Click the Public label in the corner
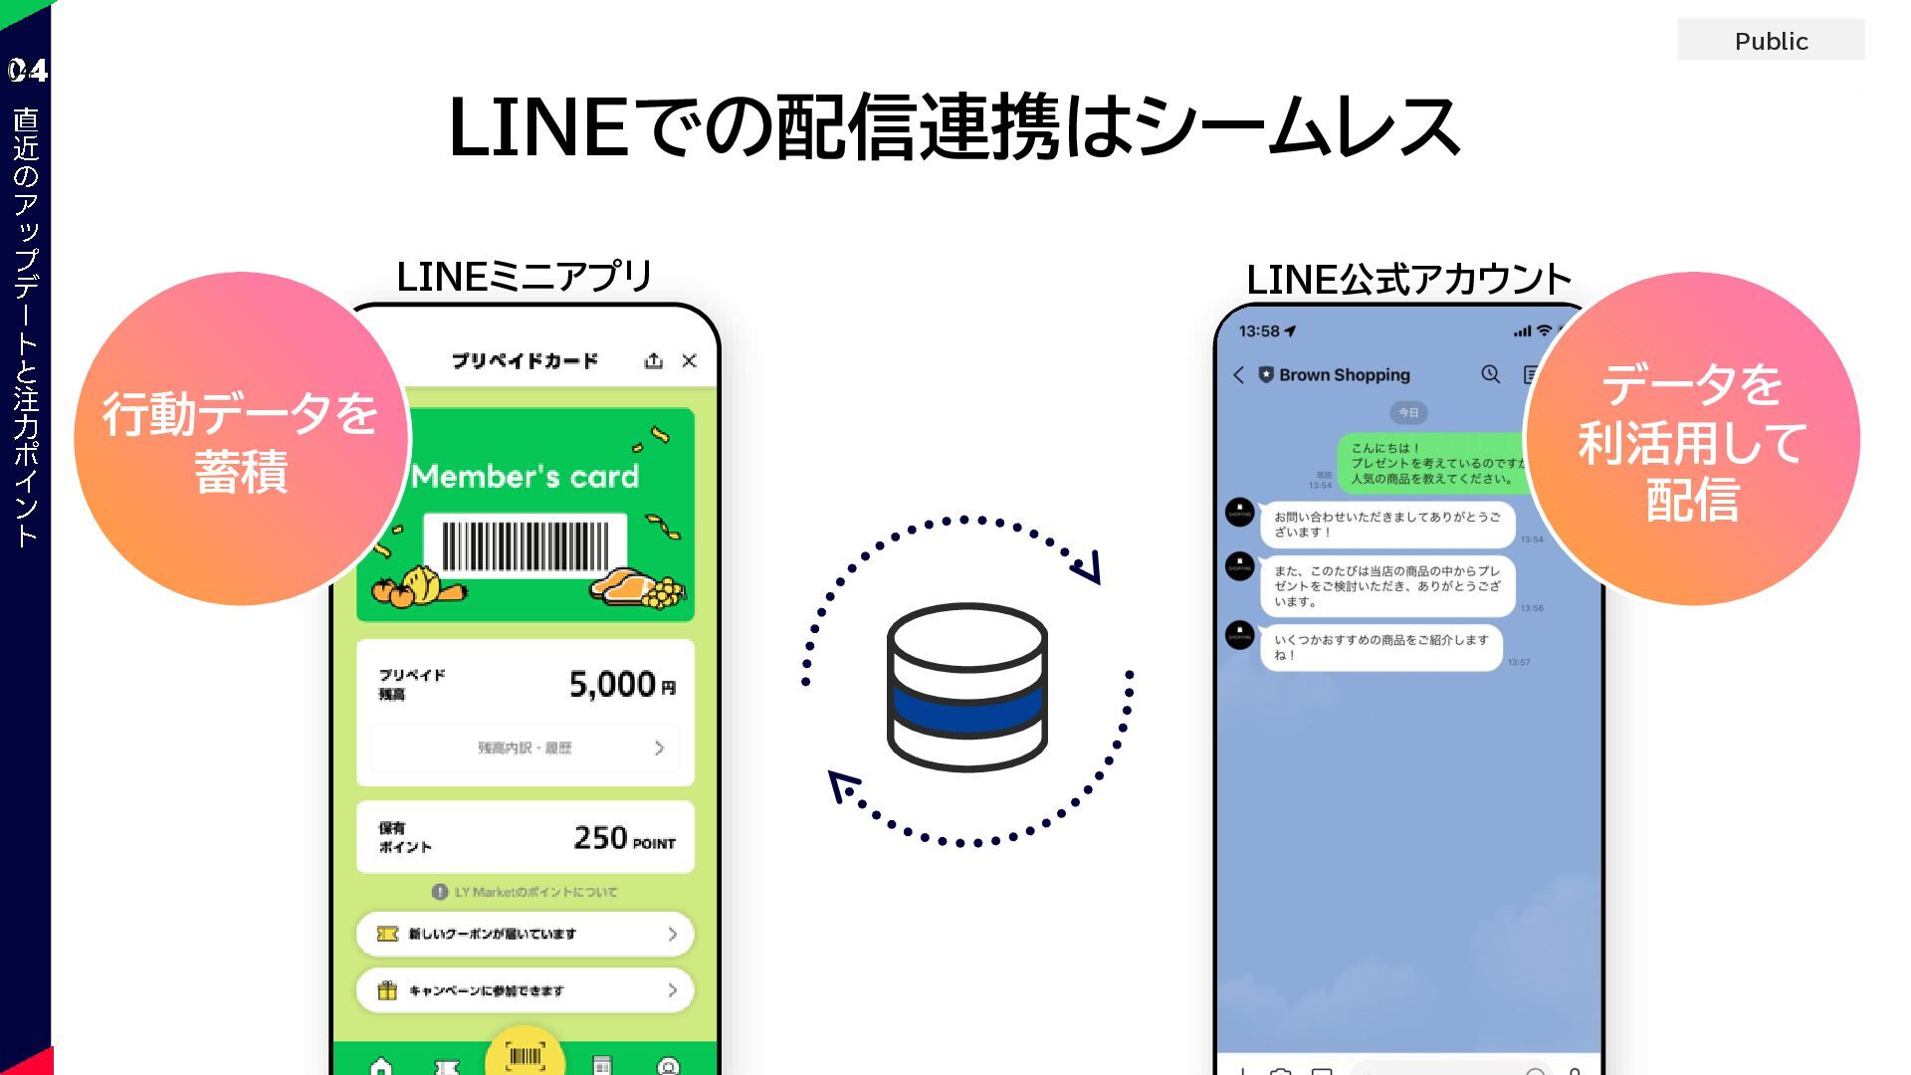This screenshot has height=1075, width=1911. click(1771, 41)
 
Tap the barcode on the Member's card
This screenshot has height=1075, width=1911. click(525, 545)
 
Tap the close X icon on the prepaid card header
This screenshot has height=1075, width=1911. click(689, 360)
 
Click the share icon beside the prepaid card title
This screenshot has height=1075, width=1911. click(653, 360)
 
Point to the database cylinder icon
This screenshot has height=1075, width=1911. click(966, 686)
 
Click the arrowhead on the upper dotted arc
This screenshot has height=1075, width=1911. click(1089, 566)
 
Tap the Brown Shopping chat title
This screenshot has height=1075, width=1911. click(1344, 375)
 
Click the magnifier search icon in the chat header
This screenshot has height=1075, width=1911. click(1490, 374)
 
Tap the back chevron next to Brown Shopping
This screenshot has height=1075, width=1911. click(1238, 375)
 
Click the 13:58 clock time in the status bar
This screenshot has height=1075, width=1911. click(1259, 331)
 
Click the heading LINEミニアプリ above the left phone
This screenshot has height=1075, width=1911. click(524, 277)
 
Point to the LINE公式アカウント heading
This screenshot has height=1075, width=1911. click(1407, 280)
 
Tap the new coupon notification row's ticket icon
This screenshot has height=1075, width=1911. click(387, 934)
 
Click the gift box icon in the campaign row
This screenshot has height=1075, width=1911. click(387, 990)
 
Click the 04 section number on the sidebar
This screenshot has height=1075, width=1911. click(27, 71)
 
